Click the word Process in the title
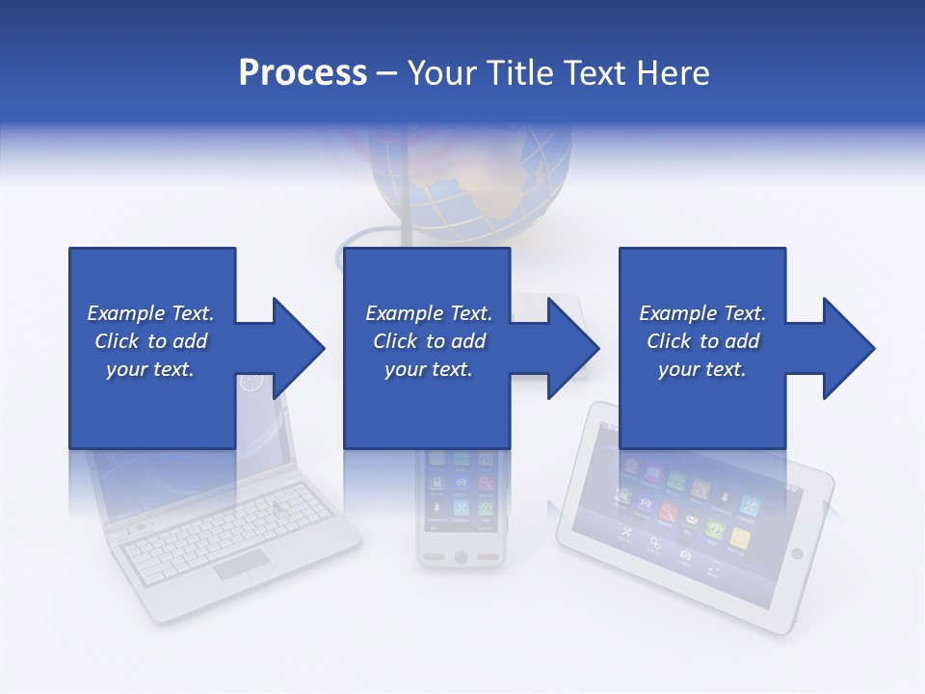pos(303,73)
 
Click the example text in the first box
pos(151,341)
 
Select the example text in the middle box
pos(428,341)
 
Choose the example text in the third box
pos(702,341)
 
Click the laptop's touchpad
pos(241,565)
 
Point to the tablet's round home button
pos(796,553)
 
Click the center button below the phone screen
pos(461,557)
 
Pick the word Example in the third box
pos(673,313)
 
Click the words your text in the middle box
pos(428,369)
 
